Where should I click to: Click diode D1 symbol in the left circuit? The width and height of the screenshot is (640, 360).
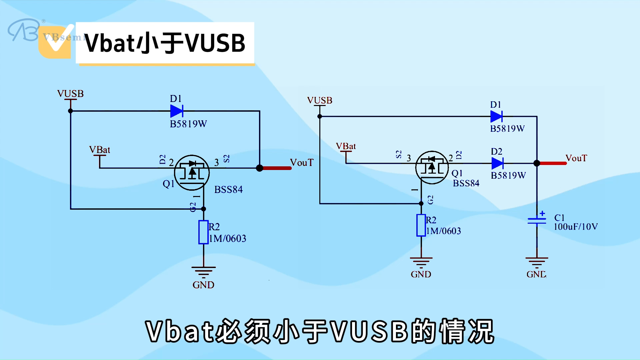point(176,111)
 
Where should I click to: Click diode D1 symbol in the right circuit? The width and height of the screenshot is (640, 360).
point(496,117)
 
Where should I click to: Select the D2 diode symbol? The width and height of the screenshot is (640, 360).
point(497,163)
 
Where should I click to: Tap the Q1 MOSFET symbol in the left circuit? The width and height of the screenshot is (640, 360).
point(192,172)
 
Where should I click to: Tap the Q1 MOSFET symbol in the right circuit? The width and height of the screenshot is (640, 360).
point(432,167)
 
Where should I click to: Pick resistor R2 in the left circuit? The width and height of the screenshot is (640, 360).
point(203,232)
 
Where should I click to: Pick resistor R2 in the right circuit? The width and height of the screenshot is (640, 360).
point(421,225)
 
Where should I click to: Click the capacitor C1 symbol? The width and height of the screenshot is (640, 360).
point(537,220)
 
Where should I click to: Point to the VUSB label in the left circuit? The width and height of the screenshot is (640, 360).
point(70,94)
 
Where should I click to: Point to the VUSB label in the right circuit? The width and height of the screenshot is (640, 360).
point(320,100)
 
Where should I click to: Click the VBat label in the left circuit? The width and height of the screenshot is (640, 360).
point(99,150)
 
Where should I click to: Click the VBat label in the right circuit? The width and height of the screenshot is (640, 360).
point(346,146)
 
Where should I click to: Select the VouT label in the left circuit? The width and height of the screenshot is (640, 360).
point(302,163)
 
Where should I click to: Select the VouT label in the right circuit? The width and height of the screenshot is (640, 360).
point(576,158)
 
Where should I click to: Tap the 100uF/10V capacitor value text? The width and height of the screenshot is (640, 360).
point(576,227)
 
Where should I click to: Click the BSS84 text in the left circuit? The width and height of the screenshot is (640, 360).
point(228,190)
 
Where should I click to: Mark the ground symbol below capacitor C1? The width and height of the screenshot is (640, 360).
point(537,262)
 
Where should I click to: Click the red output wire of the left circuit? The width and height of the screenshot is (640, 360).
point(277,168)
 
